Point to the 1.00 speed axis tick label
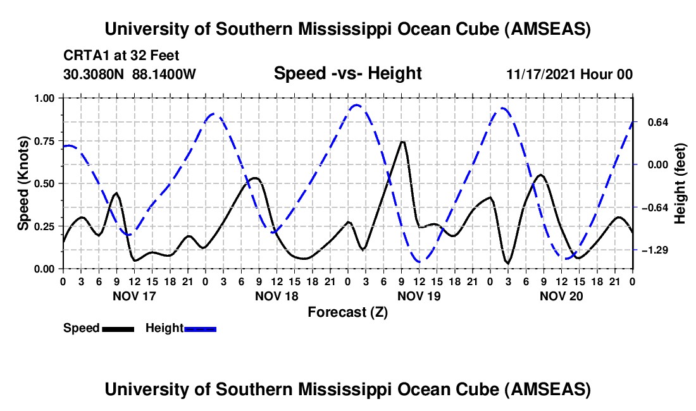pyautogui.click(x=44, y=98)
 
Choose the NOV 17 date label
pyautogui.click(x=134, y=296)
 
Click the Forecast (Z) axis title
pyautogui.click(x=347, y=312)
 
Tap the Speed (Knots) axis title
pyautogui.click(x=23, y=183)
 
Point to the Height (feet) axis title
pyautogui.click(x=680, y=183)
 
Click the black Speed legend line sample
pyautogui.click(x=117, y=329)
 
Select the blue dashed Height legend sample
pyautogui.click(x=200, y=329)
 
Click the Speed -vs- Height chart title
pyautogui.click(x=347, y=74)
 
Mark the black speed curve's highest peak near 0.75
pyautogui.click(x=402, y=142)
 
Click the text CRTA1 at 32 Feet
pyautogui.click(x=112, y=55)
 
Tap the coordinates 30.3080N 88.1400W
pyautogui.click(x=130, y=74)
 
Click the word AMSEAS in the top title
pyautogui.click(x=547, y=29)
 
